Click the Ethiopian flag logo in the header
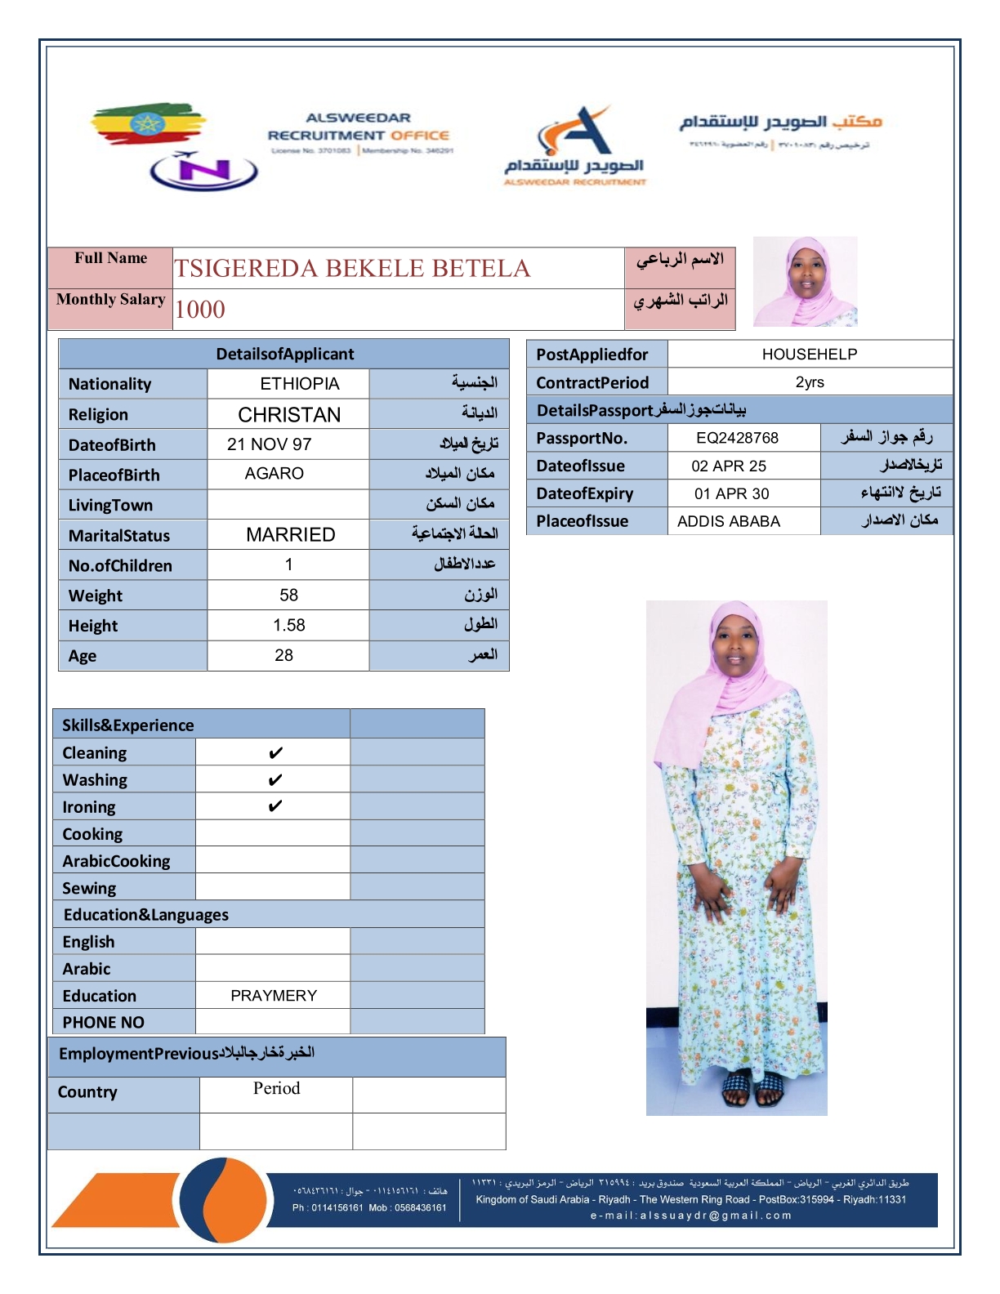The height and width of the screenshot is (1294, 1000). (147, 124)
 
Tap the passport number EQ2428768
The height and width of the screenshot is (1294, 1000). (737, 438)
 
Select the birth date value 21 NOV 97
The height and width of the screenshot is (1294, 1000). (269, 444)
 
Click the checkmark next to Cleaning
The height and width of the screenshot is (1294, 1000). (275, 752)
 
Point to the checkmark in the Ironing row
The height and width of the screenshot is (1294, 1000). (275, 806)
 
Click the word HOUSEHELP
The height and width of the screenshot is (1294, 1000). (809, 355)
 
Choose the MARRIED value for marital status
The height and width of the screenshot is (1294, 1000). (290, 535)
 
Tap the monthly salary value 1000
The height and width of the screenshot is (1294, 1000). (200, 310)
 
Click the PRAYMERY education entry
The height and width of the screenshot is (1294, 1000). (273, 996)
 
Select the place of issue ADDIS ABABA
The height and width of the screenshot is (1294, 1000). (728, 521)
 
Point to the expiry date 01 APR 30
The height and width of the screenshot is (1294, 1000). (731, 493)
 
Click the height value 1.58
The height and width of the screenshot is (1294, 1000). (288, 626)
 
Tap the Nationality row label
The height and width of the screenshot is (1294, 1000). (109, 384)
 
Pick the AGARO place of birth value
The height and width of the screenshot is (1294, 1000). (274, 474)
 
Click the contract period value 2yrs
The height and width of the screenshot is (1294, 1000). (809, 382)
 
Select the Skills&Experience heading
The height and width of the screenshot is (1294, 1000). (128, 725)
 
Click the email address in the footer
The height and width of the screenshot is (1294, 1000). (690, 1216)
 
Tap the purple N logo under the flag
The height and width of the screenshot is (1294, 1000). (204, 171)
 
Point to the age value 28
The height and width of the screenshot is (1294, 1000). (283, 655)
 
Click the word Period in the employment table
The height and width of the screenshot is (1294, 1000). (276, 1088)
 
